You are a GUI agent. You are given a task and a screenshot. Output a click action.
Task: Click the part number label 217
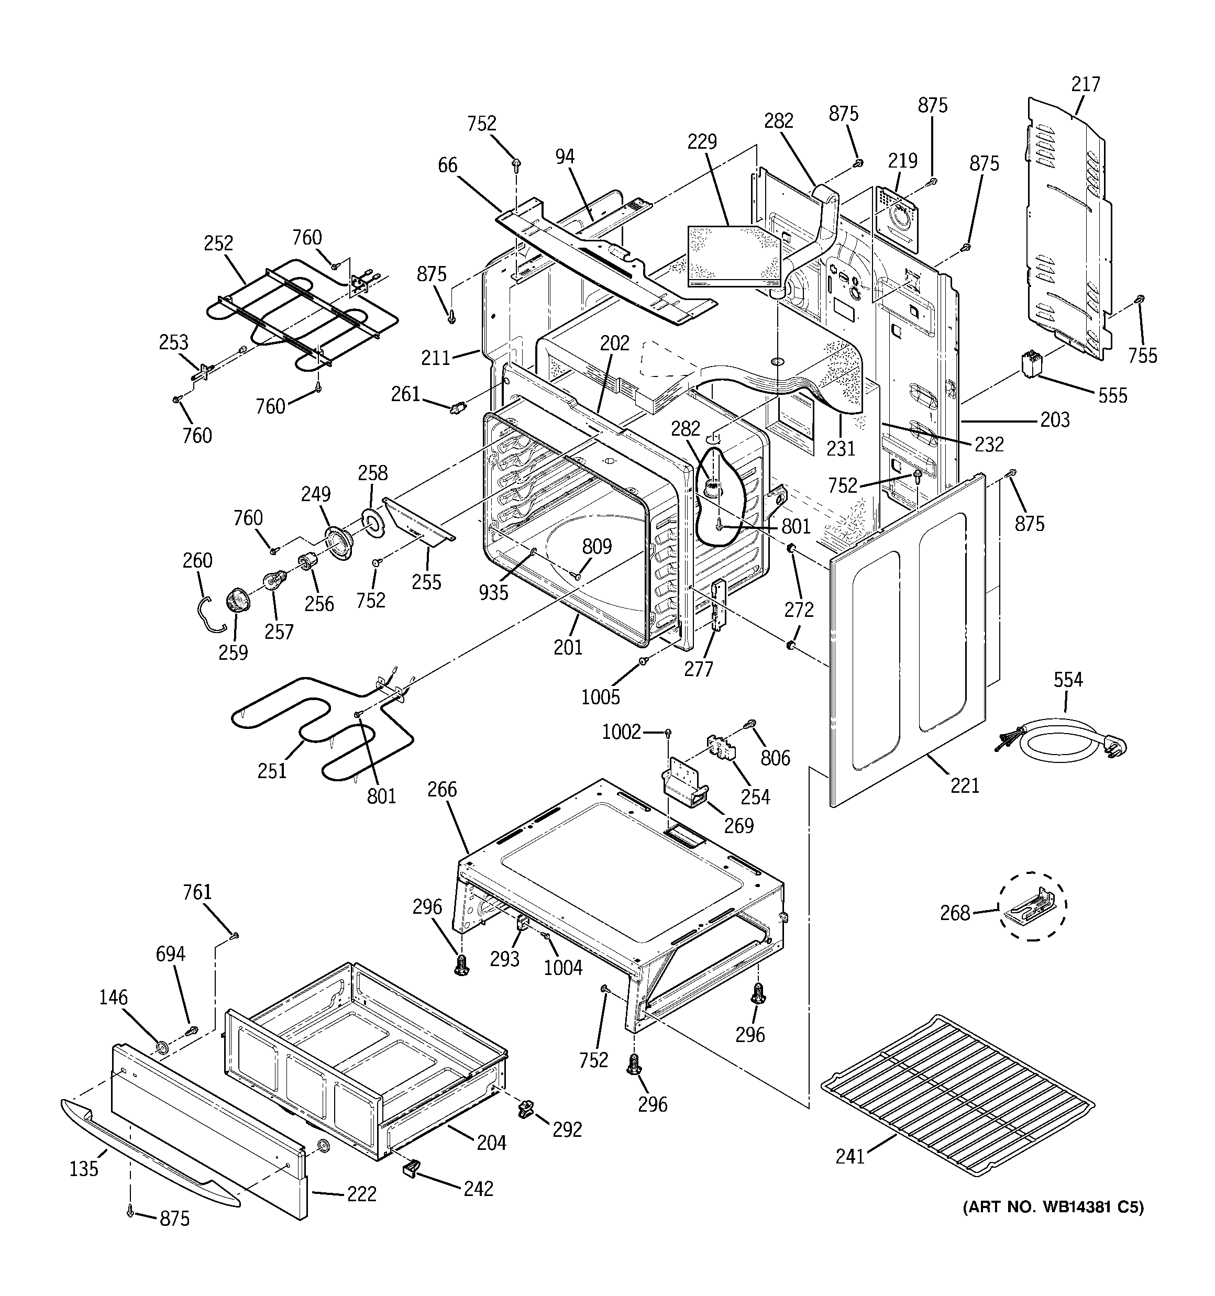(x=1085, y=85)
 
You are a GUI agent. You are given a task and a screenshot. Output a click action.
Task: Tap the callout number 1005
(x=600, y=697)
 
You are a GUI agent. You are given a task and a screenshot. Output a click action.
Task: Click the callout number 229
(x=702, y=141)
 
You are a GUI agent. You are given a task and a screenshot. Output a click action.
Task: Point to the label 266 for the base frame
(x=442, y=790)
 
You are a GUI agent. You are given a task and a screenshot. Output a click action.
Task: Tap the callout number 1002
(x=621, y=732)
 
